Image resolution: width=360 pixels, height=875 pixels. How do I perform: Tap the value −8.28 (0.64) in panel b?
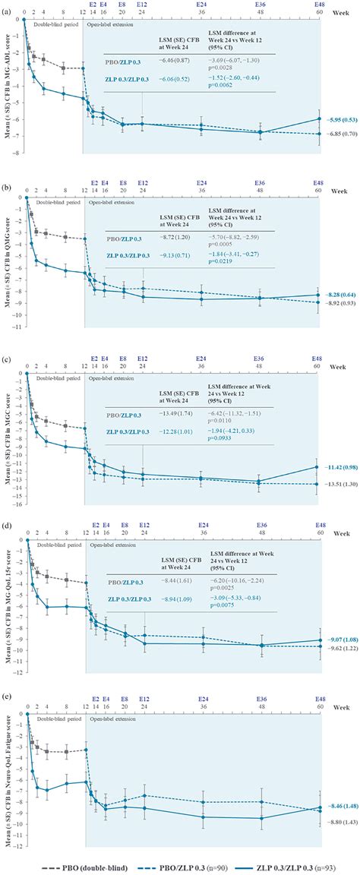pyautogui.click(x=339, y=293)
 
